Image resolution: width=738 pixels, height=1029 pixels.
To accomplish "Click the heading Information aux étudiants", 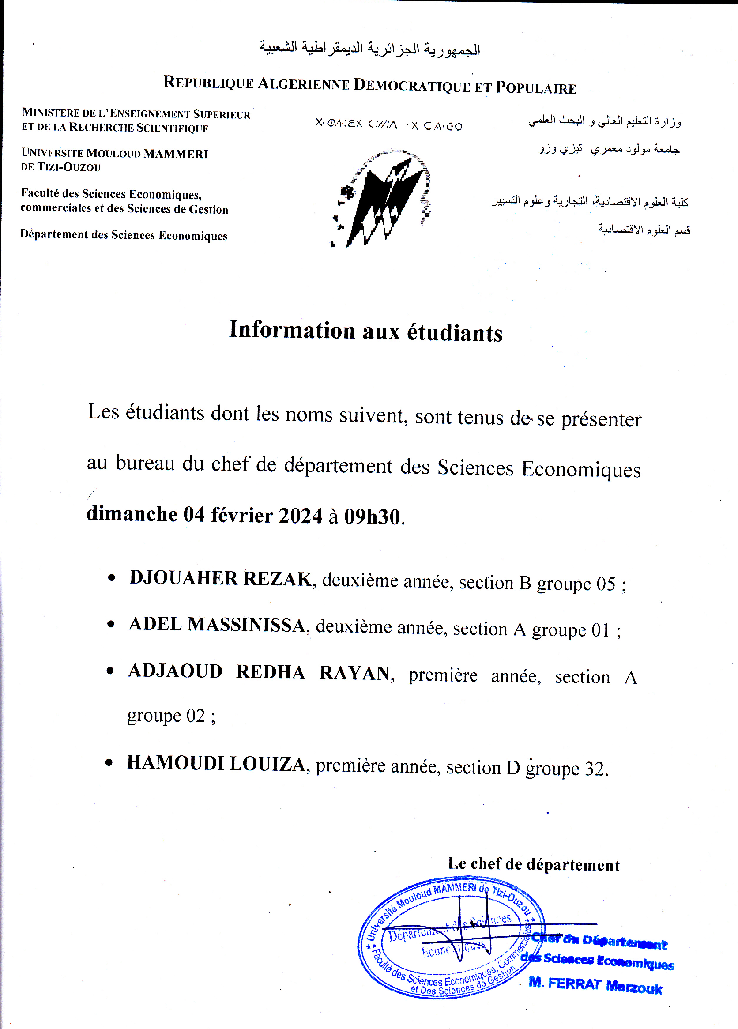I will (x=365, y=331).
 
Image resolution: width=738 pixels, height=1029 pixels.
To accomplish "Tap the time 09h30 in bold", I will (x=373, y=517).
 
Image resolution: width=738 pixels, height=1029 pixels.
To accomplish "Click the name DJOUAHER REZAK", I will (x=221, y=578).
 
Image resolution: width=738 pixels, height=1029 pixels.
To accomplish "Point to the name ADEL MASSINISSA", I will (x=217, y=625).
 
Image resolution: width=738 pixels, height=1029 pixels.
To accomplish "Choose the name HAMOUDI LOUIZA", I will (x=216, y=763).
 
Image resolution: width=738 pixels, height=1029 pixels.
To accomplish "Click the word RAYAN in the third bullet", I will (x=355, y=673).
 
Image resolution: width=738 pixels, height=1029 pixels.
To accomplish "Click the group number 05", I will (x=606, y=584).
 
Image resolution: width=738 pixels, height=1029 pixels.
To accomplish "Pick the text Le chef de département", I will (x=534, y=864).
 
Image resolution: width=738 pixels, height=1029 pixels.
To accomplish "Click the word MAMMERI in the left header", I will (x=176, y=154).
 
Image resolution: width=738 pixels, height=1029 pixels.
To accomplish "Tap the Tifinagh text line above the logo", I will (x=389, y=124).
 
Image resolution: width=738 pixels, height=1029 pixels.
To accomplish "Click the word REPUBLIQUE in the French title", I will (x=208, y=83).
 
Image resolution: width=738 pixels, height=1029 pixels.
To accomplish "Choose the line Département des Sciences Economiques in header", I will (x=124, y=235).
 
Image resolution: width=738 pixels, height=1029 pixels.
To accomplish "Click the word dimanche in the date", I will (x=132, y=514).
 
